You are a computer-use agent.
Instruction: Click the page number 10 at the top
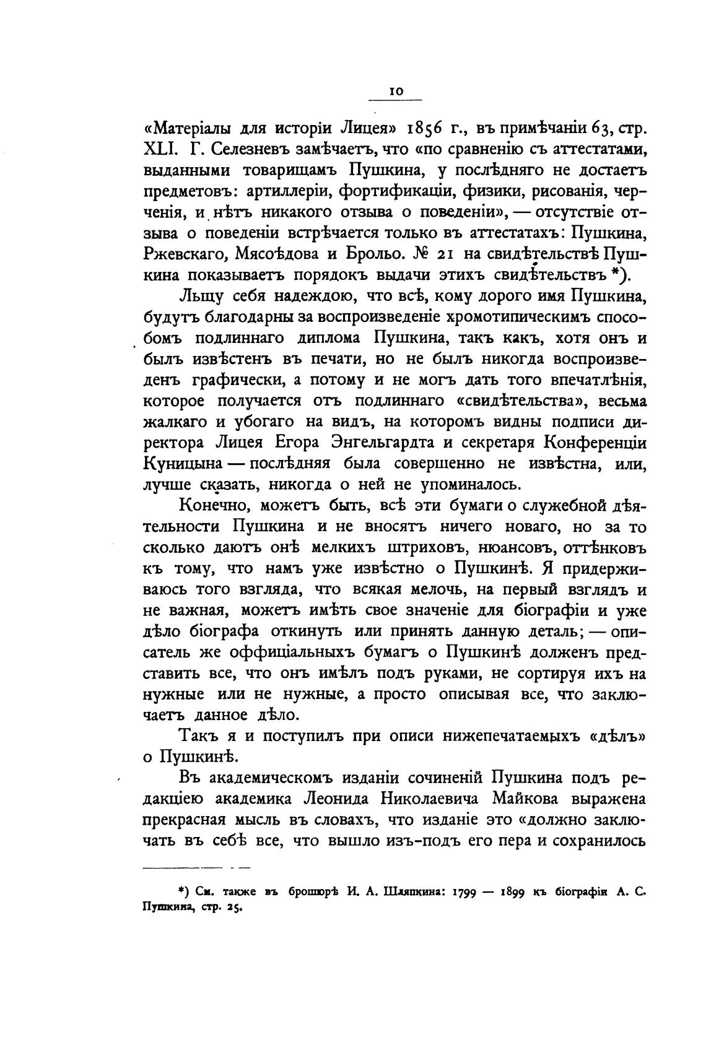tap(396, 91)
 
